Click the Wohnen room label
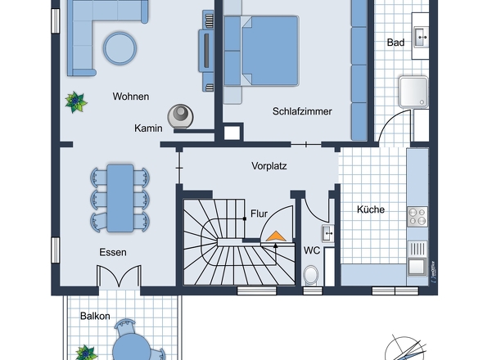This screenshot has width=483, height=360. point(131,97)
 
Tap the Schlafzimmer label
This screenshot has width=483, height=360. point(302,111)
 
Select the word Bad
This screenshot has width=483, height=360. point(395,43)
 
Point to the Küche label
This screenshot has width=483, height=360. point(371,209)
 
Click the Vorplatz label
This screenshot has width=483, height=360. point(269,166)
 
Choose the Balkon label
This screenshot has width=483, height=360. point(95,316)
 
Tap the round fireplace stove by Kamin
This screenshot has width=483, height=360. point(180,116)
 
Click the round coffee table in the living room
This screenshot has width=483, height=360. point(120,48)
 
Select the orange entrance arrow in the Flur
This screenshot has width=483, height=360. point(276,236)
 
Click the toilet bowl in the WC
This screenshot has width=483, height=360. point(310,275)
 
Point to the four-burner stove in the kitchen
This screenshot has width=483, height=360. point(418,217)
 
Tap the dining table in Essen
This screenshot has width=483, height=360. point(120,198)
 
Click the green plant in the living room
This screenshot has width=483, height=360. point(76,102)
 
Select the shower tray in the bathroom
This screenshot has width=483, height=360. point(413,92)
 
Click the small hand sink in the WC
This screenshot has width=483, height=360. point(327,233)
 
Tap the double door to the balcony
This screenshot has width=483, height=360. point(119,276)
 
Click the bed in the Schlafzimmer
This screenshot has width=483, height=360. point(261,51)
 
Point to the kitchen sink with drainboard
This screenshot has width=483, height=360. point(418,258)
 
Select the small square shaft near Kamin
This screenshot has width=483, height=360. point(232,133)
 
